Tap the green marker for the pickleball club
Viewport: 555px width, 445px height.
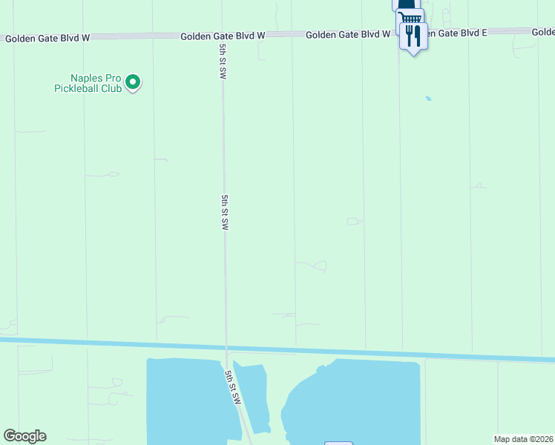pyautogui.click(x=133, y=82)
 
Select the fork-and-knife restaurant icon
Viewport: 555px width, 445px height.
pyautogui.click(x=413, y=34)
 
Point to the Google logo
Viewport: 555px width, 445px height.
pyautogui.click(x=24, y=436)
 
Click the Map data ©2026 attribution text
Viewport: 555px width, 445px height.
pyautogui.click(x=523, y=439)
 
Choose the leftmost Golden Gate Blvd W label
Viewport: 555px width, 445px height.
pyautogui.click(x=47, y=38)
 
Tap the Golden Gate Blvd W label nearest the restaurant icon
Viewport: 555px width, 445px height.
pyautogui.click(x=348, y=34)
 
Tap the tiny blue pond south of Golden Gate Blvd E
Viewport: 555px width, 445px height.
pyautogui.click(x=428, y=98)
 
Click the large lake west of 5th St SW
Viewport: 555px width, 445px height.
pyautogui.click(x=185, y=400)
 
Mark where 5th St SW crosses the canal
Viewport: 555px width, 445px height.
pyautogui.click(x=226, y=347)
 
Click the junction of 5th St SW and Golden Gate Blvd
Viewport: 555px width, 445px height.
pyautogui.click(x=223, y=36)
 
